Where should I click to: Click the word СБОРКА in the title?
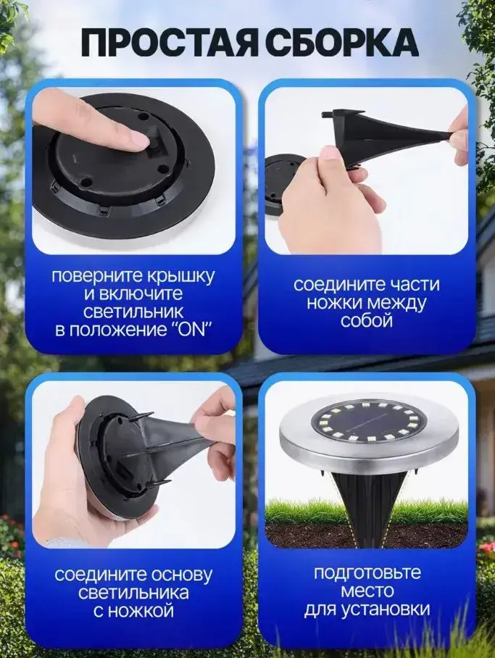pos(339,42)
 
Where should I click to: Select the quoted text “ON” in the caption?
pos(188,330)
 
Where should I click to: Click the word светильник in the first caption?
pos(133,312)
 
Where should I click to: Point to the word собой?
pos(367,320)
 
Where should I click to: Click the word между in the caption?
pos(393,303)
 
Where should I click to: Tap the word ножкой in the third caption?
pos(145,611)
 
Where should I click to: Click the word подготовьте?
pos(367,572)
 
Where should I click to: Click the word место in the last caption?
pos(367,591)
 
